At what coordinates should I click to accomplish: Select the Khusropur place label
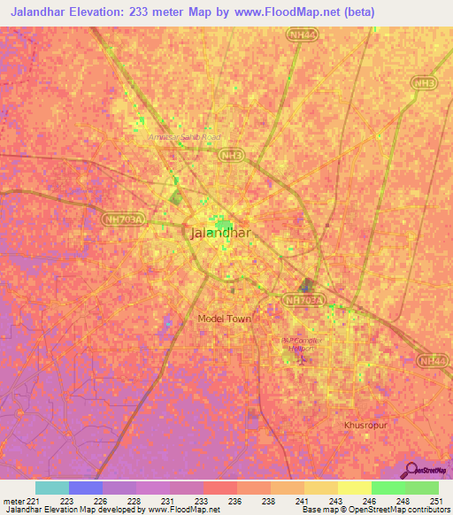pos(365,426)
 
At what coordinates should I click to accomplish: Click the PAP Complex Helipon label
pos(303,344)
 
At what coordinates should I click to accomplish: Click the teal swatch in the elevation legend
pos(52,488)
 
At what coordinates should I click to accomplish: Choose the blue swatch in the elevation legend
pos(86,488)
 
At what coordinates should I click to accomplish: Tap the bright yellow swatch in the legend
pos(355,488)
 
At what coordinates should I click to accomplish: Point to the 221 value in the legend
pos(30,500)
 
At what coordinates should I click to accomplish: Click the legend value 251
pos(436,500)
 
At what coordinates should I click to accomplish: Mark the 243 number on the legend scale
pos(335,500)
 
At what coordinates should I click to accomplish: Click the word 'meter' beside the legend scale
pos(11,500)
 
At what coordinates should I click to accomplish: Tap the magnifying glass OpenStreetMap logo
pos(409,470)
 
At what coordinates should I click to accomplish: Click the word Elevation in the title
pos(118,12)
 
